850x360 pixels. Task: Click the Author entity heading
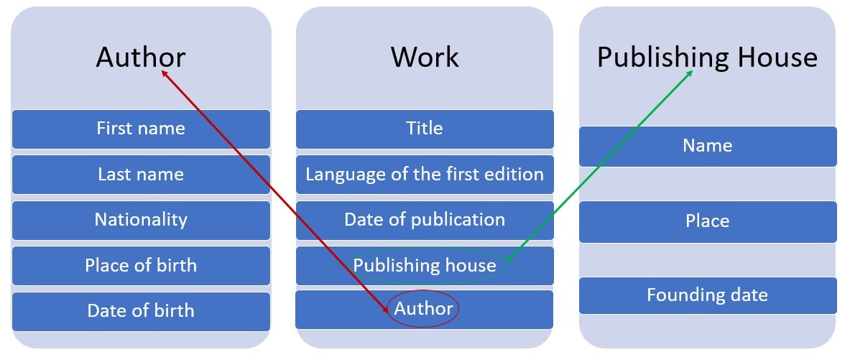[x=141, y=57]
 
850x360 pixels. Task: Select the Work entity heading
[x=425, y=57]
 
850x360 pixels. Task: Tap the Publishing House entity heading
[x=707, y=57]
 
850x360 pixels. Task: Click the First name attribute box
[x=141, y=129]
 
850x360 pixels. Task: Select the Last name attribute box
[x=141, y=175]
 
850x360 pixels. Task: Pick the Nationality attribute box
[x=141, y=220]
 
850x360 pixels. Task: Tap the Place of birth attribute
[x=141, y=265]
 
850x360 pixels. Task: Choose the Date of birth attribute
[x=141, y=311]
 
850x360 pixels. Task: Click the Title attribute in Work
[x=425, y=129]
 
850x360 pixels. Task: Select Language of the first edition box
[x=425, y=175]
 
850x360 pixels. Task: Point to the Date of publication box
[x=425, y=220]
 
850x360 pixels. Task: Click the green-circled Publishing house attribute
[x=425, y=266]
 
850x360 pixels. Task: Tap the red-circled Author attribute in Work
[x=424, y=310]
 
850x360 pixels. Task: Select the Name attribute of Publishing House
[x=708, y=146]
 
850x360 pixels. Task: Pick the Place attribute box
[x=708, y=221]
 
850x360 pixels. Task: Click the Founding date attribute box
[x=708, y=295]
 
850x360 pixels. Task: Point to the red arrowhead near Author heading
[x=164, y=73]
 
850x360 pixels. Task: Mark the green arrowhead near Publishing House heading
[x=690, y=73]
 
